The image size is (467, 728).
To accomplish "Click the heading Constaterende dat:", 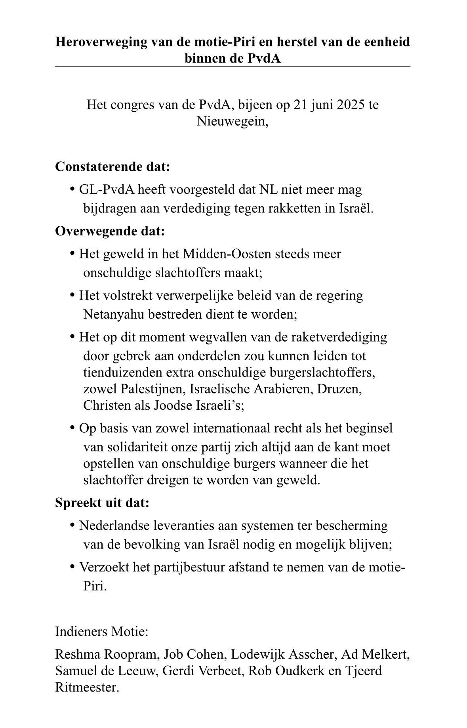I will pyautogui.click(x=112, y=166).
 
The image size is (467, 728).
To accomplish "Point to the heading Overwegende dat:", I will pyautogui.click(x=110, y=231).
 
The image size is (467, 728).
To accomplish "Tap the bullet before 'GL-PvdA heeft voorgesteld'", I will pyautogui.click(x=72, y=189).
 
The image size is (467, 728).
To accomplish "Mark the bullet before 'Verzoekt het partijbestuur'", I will pyautogui.click(x=72, y=567).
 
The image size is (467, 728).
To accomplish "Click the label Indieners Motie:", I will pyautogui.click(x=102, y=631).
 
